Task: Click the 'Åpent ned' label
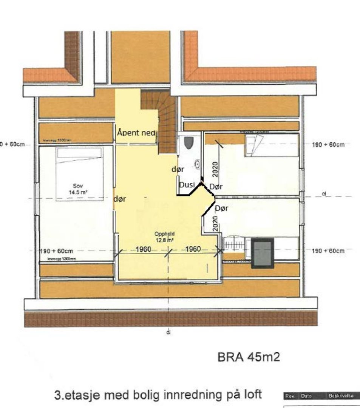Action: click(x=136, y=133)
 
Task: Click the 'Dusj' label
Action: click(x=187, y=185)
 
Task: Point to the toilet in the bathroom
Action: click(x=188, y=143)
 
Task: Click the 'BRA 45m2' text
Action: click(x=249, y=357)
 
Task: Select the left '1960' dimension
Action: click(x=144, y=249)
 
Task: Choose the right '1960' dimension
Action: click(x=193, y=249)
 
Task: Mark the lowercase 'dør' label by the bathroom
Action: click(x=178, y=170)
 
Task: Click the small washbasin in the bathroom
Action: click(x=197, y=164)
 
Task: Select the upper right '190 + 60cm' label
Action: click(x=328, y=145)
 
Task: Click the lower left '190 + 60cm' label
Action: click(x=56, y=251)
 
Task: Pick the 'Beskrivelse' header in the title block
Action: click(x=341, y=396)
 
